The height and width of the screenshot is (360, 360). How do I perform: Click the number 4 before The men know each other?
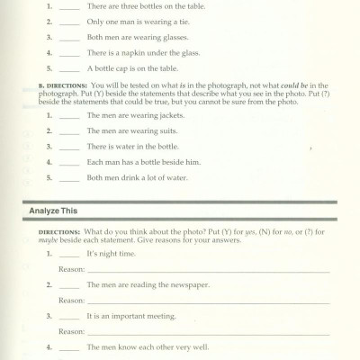49,346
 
